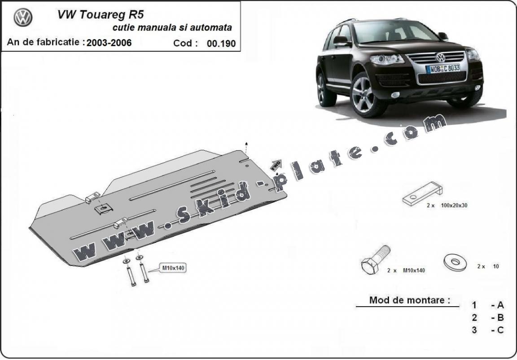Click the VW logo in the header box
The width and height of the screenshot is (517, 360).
pos(23,18)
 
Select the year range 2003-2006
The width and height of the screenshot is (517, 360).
pos(109,43)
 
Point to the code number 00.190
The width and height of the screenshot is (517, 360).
pos(221,44)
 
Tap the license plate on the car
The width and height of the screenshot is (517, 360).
pos(443,69)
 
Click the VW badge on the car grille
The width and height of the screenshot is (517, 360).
pos(440,57)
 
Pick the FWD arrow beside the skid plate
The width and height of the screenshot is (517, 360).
pos(276,165)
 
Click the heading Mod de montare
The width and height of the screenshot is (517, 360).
pos(409,300)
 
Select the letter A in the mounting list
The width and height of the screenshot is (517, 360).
pos(500,305)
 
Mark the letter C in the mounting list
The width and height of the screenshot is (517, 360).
pos(500,330)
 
